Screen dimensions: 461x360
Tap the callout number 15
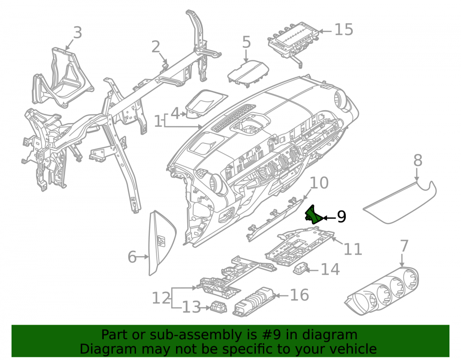344,30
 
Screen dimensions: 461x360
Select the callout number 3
77,33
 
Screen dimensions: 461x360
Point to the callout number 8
418,161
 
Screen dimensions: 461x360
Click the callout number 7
405,246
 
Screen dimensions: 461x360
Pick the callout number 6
132,257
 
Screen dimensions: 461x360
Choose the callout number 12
161,298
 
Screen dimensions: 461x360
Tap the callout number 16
300,295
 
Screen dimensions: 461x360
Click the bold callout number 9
341,217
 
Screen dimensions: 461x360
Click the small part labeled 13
219,307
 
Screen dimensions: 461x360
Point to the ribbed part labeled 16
254,302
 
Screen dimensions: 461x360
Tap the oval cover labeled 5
248,73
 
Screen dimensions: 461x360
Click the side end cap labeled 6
162,242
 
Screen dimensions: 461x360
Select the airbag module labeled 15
293,43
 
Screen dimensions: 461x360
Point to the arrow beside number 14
312,270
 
